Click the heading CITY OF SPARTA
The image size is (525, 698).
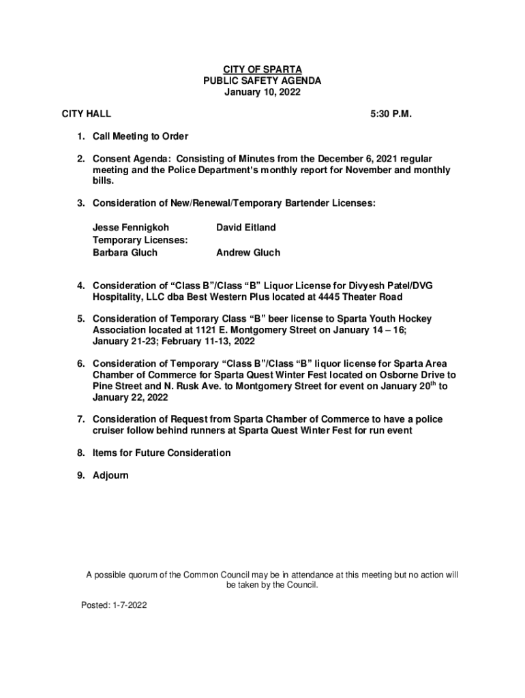tap(262, 70)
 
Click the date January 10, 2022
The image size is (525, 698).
tap(262, 93)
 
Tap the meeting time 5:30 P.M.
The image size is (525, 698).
tap(391, 114)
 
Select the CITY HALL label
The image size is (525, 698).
tap(87, 114)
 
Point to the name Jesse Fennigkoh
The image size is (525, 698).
tap(131, 228)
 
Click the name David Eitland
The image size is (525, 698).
tap(246, 228)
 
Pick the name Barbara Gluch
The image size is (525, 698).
tap(125, 253)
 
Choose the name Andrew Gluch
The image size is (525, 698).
tap(248, 253)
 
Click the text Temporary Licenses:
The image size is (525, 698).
tap(140, 240)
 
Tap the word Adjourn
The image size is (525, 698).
tap(110, 475)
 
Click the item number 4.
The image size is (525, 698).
tap(80, 286)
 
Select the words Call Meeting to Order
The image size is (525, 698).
tap(140, 137)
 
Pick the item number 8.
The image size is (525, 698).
tap(80, 453)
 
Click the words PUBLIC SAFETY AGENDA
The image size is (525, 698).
tap(262, 81)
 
